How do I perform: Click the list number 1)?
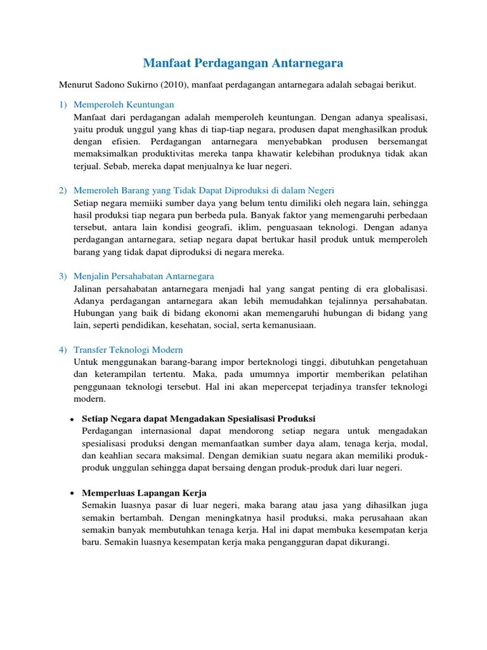63,104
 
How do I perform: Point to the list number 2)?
63,190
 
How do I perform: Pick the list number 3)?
63,276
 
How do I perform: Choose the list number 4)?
63,350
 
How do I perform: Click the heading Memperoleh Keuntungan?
124,104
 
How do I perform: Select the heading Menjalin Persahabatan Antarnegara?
144,276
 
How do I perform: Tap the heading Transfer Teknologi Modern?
128,350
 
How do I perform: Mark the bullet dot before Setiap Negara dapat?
73,420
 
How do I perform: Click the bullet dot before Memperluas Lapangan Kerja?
73,494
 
